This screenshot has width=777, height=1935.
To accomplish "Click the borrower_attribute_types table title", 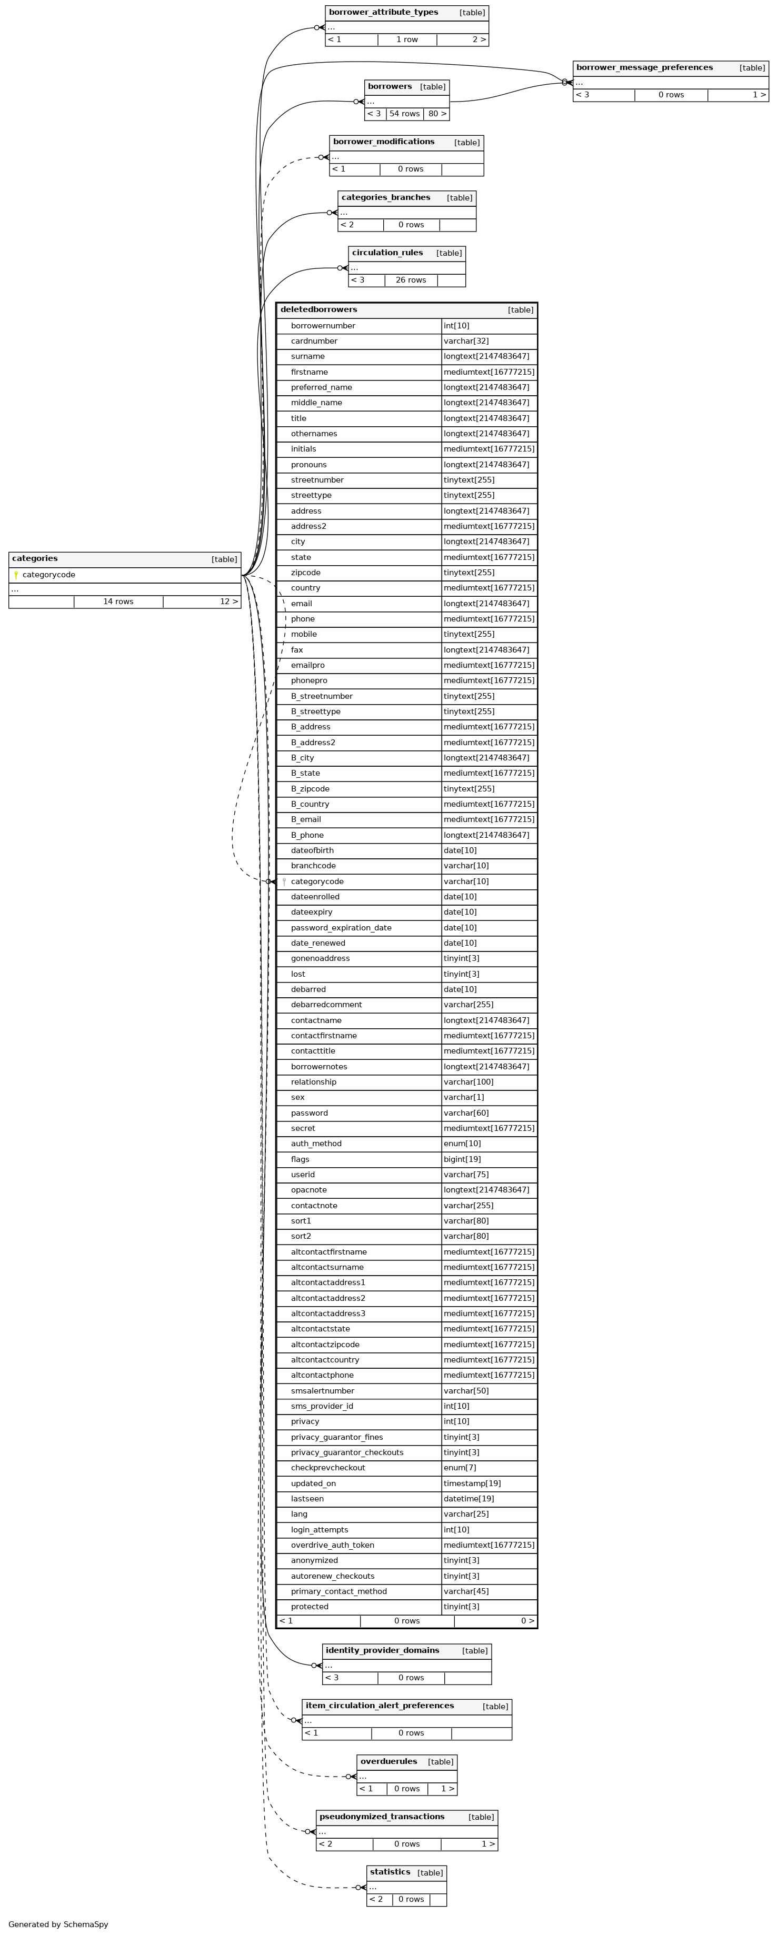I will coord(383,13).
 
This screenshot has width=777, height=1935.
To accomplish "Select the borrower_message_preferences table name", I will coord(644,67).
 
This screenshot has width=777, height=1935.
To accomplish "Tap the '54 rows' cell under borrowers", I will coord(404,114).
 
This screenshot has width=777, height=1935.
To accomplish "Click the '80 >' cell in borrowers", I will coord(436,114).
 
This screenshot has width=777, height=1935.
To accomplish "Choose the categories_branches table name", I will coord(385,197).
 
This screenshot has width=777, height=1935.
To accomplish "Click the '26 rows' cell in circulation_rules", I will coord(410,280).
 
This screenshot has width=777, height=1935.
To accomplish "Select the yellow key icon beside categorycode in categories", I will coord(16,575).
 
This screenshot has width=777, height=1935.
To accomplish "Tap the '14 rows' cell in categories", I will coord(118,601).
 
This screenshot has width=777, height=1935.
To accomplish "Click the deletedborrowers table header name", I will coord(318,309).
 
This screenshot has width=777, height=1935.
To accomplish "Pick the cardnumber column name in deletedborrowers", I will coord(314,341).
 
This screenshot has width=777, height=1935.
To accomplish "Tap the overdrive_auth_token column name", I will coord(332,1545).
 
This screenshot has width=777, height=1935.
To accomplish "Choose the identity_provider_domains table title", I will coord(382,1650).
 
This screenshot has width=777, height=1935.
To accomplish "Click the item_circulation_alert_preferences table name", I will coord(380,1706).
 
